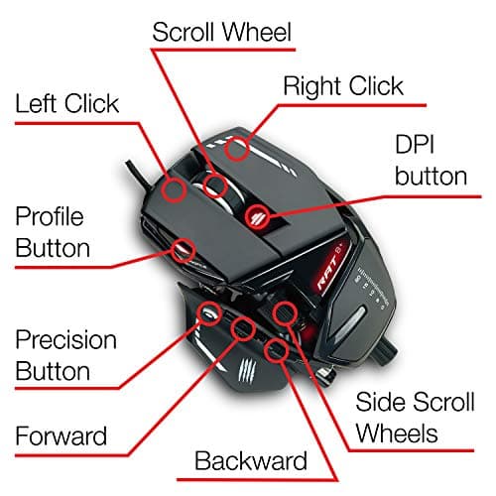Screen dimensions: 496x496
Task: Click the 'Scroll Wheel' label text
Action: pyautogui.click(x=221, y=32)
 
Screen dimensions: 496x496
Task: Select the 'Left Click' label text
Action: pyautogui.click(x=80, y=102)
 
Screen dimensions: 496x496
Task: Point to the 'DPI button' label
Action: pyautogui.click(x=431, y=159)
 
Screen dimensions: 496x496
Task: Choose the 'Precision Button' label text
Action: pyautogui.click(x=66, y=356)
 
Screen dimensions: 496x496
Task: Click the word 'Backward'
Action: pyautogui.click(x=251, y=461)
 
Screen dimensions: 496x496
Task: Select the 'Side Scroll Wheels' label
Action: pyautogui.click(x=410, y=417)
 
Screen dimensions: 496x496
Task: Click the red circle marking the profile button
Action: pyautogui.click(x=183, y=247)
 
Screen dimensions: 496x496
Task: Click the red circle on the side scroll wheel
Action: pyautogui.click(x=285, y=311)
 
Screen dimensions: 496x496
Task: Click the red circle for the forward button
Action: pyautogui.click(x=243, y=328)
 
